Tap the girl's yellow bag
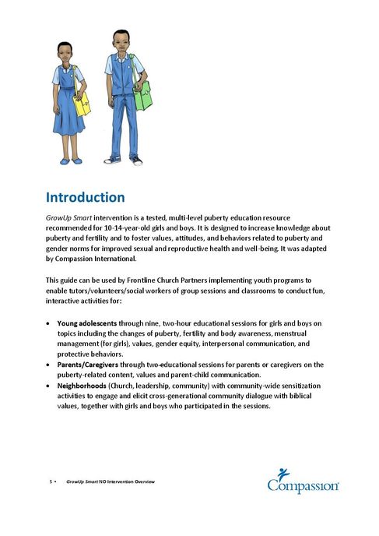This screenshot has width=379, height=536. (82, 101)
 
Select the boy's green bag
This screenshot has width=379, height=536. (142, 95)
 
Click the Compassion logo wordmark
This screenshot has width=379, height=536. (303, 487)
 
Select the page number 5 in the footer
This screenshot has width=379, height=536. (51, 482)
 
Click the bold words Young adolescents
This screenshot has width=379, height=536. (89, 322)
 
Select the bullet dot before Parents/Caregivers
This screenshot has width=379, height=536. (50, 364)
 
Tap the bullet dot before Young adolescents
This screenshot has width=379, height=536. (50, 322)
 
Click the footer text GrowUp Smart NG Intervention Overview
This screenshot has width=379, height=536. (111, 482)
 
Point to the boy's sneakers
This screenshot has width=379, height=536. (124, 160)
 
